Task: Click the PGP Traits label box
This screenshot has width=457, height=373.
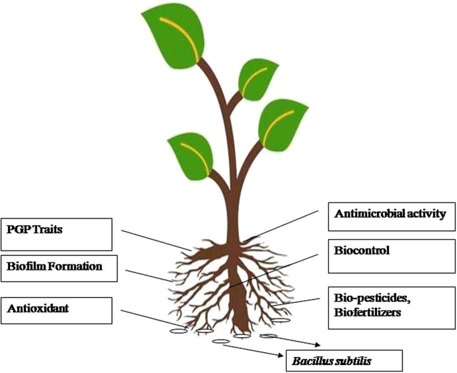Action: coord(57,234)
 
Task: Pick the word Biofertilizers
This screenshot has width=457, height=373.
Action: coord(368,312)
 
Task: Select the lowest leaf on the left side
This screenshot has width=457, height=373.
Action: coord(191,157)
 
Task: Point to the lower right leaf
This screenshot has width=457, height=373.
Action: coord(282,125)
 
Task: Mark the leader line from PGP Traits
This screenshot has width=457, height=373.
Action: coord(156,240)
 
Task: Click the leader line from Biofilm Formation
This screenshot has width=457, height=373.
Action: coord(149,276)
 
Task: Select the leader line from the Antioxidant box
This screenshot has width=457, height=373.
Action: coord(152,319)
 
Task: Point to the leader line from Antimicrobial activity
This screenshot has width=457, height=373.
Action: coord(280,226)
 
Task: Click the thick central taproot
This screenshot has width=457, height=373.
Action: coord(240,297)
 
